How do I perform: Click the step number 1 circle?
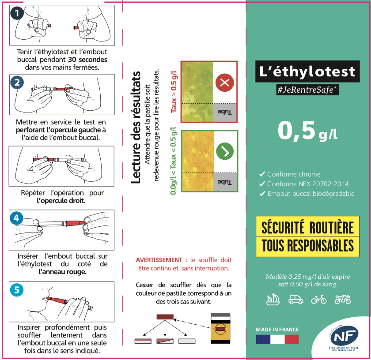[17, 13]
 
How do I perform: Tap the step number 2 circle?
[17, 82]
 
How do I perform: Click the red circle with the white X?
[225, 82]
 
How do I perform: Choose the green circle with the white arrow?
[225, 151]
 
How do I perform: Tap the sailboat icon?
[273, 300]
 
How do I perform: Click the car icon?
[295, 300]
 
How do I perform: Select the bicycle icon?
[318, 300]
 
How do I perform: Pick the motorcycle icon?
[342, 300]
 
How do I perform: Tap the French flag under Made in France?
[277, 339]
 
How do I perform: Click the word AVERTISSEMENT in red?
[159, 260]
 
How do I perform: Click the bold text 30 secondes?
[87, 59]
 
